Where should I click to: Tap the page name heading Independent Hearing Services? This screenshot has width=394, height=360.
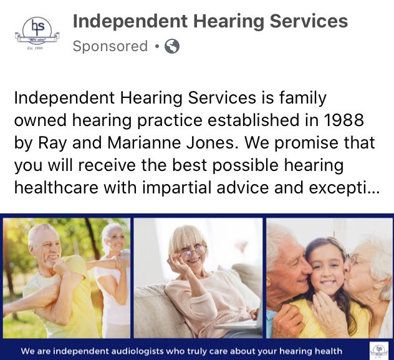coord(210,21)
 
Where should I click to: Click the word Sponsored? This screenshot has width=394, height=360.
coord(110,46)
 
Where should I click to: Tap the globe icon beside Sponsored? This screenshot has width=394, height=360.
coord(171,46)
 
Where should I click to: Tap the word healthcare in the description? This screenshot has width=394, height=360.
coord(54,188)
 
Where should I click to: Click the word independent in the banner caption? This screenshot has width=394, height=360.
coord(82,351)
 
